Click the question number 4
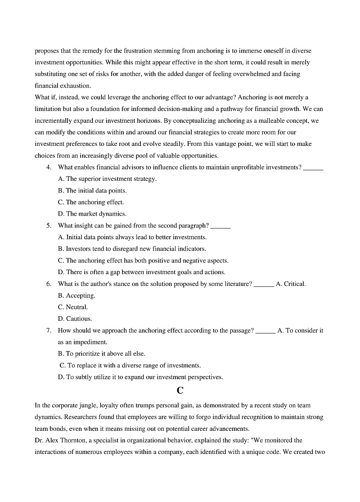click(49, 167)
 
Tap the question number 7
click(49, 330)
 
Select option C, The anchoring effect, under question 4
click(91, 202)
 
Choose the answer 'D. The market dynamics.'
click(92, 214)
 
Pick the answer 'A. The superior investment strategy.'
click(107, 179)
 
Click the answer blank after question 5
click(221, 226)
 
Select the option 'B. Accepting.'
click(77, 295)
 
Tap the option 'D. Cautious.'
click(75, 319)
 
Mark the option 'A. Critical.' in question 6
click(291, 284)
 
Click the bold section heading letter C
click(180, 390)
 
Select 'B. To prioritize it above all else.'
click(102, 353)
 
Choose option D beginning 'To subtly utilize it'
click(140, 377)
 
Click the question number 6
click(49, 284)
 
